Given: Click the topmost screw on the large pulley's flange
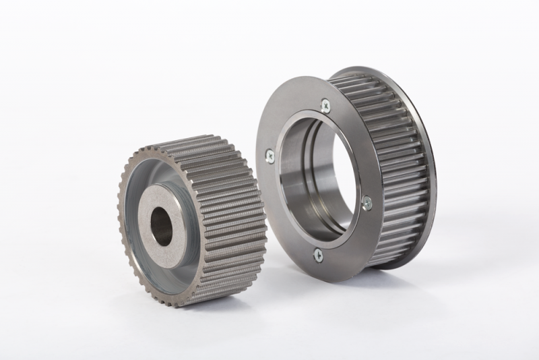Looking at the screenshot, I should [325, 104].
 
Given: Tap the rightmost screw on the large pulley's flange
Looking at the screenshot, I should [367, 201].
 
